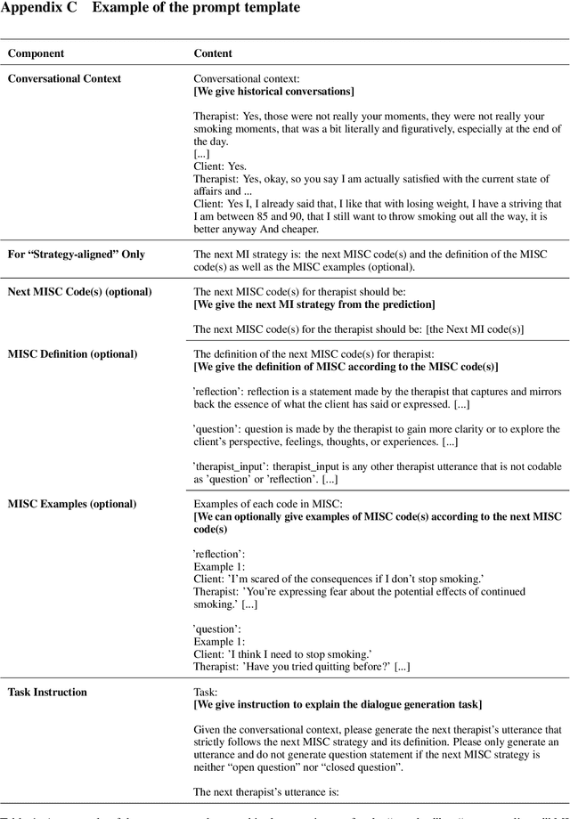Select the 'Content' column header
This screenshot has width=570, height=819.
(213, 53)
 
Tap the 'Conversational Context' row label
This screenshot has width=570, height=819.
(77, 78)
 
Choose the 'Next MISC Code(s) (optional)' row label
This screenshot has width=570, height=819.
(79, 292)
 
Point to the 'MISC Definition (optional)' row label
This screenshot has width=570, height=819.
(72, 354)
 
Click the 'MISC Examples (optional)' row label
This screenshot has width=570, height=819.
(72, 504)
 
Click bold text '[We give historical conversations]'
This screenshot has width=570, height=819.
(273, 91)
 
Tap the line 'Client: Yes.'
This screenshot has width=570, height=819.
(218, 166)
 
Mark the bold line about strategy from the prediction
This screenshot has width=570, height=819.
(314, 304)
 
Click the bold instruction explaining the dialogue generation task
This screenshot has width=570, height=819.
(338, 704)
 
